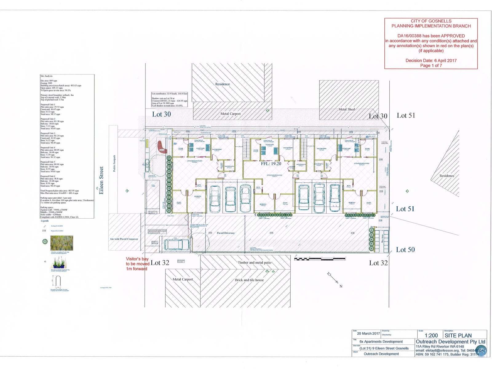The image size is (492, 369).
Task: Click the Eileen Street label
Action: (101, 180)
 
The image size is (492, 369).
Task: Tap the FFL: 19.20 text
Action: (271, 164)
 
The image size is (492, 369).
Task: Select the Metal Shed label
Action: (347, 109)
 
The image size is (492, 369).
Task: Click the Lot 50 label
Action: (405, 250)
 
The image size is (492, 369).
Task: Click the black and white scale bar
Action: (319, 259)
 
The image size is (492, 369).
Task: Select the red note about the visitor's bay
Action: (137, 264)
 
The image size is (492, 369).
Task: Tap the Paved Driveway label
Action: (226, 233)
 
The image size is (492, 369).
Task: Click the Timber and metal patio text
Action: (254, 263)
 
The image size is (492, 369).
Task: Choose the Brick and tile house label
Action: (249, 280)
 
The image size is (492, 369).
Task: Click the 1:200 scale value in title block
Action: (431, 336)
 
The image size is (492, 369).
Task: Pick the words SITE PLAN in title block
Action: (458, 335)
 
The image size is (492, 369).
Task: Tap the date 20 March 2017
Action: (368, 334)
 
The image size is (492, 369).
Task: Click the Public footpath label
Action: (114, 163)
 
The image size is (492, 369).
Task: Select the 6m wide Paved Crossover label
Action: (124, 239)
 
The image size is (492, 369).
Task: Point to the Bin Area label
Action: (383, 238)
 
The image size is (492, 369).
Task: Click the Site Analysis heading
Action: (47, 76)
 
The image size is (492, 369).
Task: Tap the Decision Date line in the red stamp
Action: (431, 61)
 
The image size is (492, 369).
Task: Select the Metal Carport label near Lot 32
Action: (183, 279)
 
